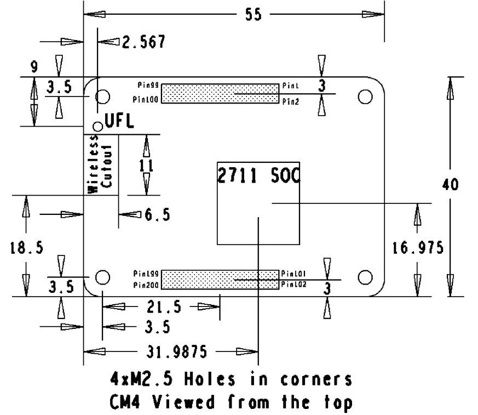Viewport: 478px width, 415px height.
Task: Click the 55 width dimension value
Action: [253, 15]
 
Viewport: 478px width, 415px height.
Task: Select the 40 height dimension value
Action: [451, 184]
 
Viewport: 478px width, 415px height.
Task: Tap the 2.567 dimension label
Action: [143, 42]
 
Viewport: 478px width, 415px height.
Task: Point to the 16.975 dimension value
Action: [417, 248]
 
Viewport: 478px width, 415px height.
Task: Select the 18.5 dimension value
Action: [26, 248]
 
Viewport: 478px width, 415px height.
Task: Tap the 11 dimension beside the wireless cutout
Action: [146, 166]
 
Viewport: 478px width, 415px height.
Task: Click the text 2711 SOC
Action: [258, 177]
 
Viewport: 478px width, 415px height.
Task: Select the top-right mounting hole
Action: [365, 96]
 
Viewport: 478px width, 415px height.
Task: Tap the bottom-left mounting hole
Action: [102, 277]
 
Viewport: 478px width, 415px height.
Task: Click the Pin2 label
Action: [290, 101]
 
